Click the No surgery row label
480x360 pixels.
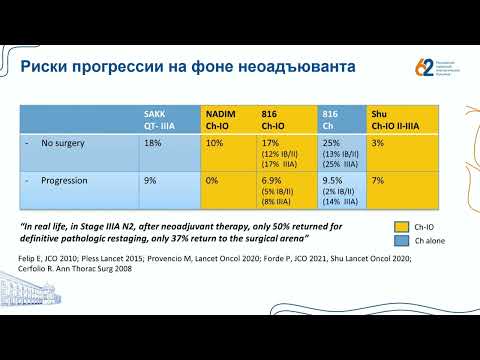[x=67, y=144]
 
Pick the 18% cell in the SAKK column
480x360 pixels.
[x=153, y=144]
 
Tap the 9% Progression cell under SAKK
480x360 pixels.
[x=150, y=180]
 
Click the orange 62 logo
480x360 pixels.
[x=424, y=68]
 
